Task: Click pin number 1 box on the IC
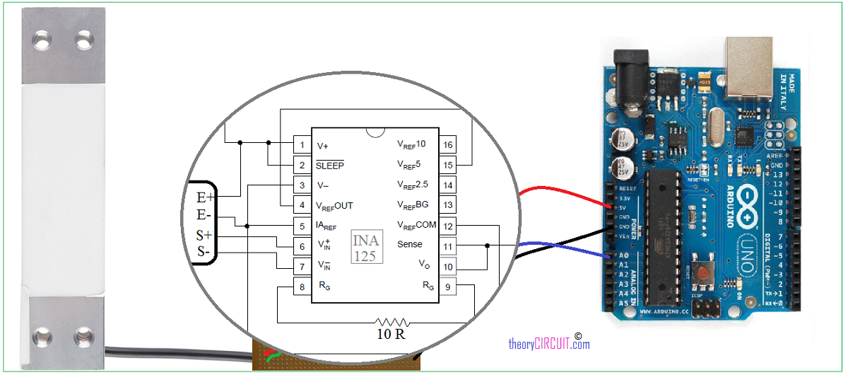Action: coord(302,145)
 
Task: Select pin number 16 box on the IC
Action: coord(447,145)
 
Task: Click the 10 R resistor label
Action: coord(390,334)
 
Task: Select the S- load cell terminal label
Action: coord(204,251)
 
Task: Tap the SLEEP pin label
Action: coord(330,165)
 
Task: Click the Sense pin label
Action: coord(410,245)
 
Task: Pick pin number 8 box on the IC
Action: coord(302,287)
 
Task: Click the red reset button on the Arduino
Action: coord(704,272)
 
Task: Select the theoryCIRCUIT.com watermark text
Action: coord(548,344)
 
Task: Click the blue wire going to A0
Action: coord(565,247)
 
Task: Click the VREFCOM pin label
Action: coord(416,225)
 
